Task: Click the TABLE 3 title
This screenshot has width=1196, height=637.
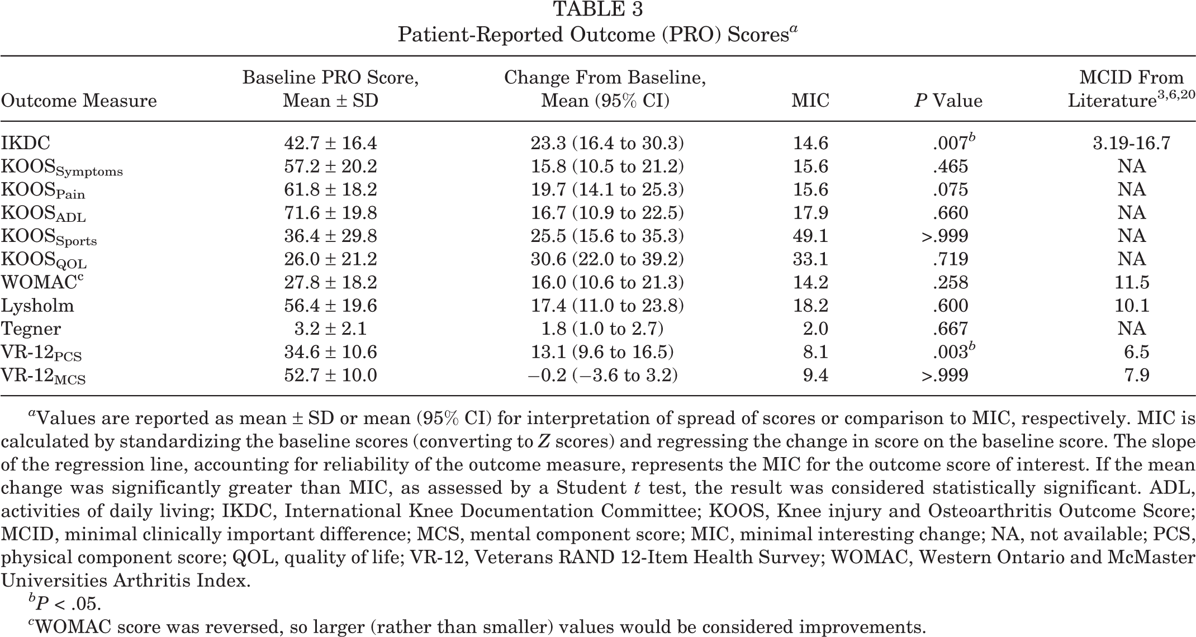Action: point(597,9)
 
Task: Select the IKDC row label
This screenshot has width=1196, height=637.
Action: point(26,143)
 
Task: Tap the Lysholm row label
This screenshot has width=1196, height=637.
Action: point(37,306)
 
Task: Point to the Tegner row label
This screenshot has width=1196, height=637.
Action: point(31,329)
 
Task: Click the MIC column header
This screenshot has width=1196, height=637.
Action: point(810,101)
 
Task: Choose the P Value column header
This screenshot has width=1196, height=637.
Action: point(948,101)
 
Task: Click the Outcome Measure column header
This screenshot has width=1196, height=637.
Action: point(79,101)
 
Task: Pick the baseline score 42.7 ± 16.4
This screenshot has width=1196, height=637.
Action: point(330,143)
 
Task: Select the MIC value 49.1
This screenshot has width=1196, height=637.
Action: point(810,236)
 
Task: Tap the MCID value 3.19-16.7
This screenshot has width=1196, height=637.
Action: point(1131,143)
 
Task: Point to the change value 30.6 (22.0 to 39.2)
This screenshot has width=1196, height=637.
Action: point(607,259)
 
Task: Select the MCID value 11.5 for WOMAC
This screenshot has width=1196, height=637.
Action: point(1132,282)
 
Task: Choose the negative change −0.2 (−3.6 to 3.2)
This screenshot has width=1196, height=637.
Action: point(602,375)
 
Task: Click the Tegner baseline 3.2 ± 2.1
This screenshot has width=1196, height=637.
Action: point(331,329)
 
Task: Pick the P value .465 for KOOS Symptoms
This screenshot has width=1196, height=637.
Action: point(950,167)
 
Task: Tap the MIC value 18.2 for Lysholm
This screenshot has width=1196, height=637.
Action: point(810,306)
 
